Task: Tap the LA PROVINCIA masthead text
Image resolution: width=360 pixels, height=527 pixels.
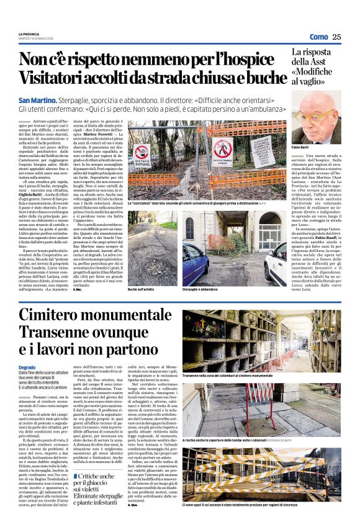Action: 30,34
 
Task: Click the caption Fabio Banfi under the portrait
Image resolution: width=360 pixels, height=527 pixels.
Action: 302,147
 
